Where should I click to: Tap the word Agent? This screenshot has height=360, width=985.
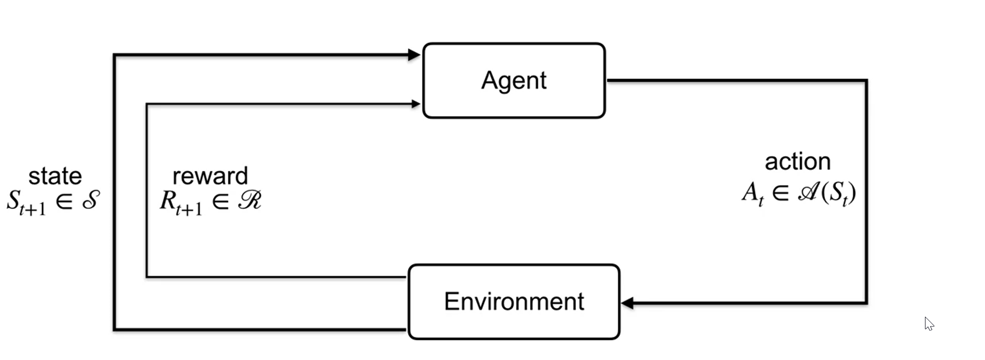pyautogui.click(x=514, y=81)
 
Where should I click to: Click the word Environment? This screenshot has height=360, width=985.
pyautogui.click(x=514, y=302)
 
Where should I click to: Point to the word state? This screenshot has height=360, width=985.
pyautogui.click(x=55, y=176)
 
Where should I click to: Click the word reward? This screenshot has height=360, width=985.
pyautogui.click(x=210, y=176)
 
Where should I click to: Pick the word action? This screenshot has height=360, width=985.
pyautogui.click(x=797, y=162)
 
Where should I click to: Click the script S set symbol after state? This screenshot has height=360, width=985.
pyautogui.click(x=91, y=200)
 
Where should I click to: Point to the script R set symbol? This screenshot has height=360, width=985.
pyautogui.click(x=250, y=200)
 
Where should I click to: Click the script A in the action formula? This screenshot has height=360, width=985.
pyautogui.click(x=808, y=193)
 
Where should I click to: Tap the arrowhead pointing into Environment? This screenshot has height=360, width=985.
pyautogui.click(x=627, y=303)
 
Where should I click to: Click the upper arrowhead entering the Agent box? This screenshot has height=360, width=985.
pyautogui.click(x=414, y=54)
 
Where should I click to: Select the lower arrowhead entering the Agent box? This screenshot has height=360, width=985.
pyautogui.click(x=416, y=104)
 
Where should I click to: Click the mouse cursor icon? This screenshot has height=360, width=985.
pyautogui.click(x=929, y=323)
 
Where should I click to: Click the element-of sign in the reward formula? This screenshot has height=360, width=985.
pyautogui.click(x=220, y=201)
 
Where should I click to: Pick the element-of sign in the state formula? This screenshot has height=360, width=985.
pyautogui.click(x=64, y=201)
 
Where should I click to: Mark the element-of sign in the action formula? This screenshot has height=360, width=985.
pyautogui.click(x=780, y=194)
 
